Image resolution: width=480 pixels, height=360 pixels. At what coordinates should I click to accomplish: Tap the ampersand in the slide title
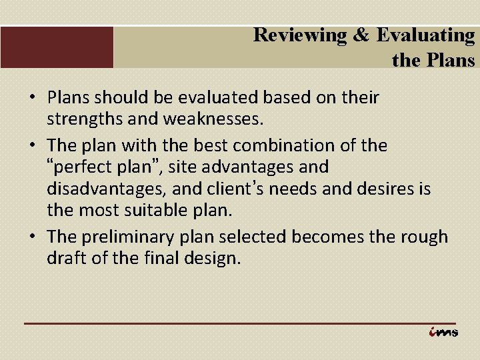pos(361,35)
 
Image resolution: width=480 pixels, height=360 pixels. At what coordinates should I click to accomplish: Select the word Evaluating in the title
pos(425,35)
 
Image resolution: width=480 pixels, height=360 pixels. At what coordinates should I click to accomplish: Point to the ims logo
pos(444,332)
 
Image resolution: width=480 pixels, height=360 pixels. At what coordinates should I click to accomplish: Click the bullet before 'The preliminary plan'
pos(31,237)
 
